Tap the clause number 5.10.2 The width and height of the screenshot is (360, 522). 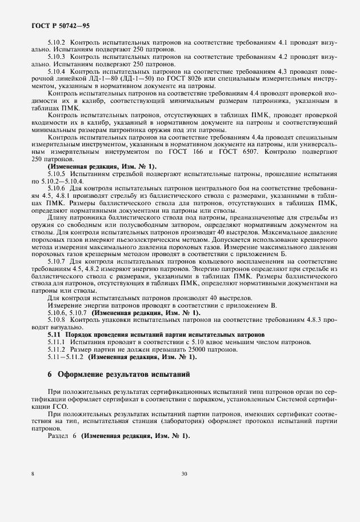click(x=57, y=42)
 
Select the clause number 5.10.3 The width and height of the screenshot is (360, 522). click(x=57, y=57)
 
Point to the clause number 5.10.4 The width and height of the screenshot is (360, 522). click(x=57, y=72)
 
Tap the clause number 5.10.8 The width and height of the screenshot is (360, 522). click(x=57, y=320)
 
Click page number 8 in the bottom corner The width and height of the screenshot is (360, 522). click(x=33, y=474)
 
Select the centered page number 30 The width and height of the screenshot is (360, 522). click(x=184, y=474)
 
